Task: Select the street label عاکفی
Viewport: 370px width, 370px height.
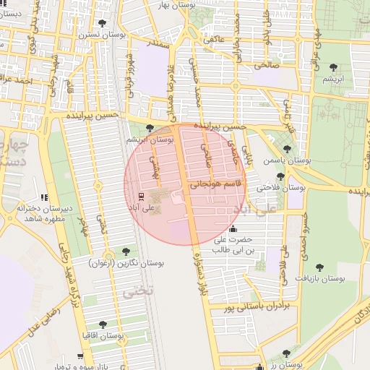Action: coord(215,40)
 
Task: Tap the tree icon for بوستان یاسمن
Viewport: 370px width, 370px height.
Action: coord(287,149)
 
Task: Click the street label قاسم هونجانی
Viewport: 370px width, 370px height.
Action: coord(217,185)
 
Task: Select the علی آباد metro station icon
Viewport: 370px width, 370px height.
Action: coord(141,195)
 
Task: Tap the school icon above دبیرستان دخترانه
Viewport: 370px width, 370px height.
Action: coord(45,197)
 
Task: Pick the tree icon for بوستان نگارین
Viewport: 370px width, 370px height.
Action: coord(126,251)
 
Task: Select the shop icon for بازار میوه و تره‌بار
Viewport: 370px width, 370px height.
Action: coord(79,356)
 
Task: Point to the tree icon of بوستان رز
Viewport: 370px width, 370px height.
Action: coord(287,353)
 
